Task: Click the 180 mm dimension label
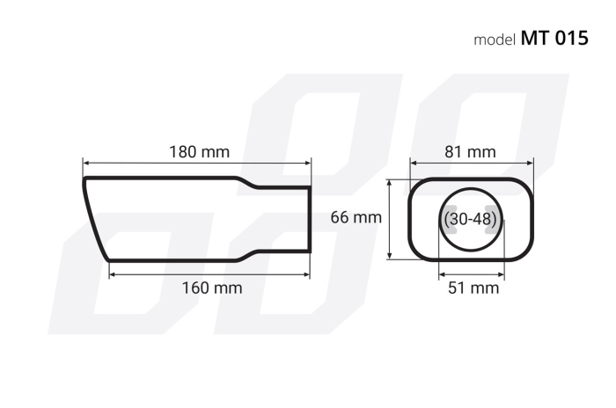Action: point(199,151)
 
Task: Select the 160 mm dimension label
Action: point(212,288)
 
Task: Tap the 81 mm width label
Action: point(470,151)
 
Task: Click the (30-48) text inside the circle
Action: point(471,218)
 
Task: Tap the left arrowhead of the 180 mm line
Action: point(86,163)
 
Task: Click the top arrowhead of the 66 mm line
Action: point(392,182)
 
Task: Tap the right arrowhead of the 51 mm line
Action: point(501,273)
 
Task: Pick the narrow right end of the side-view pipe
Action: point(309,219)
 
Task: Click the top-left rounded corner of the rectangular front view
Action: point(415,186)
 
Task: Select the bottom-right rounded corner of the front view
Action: point(526,252)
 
